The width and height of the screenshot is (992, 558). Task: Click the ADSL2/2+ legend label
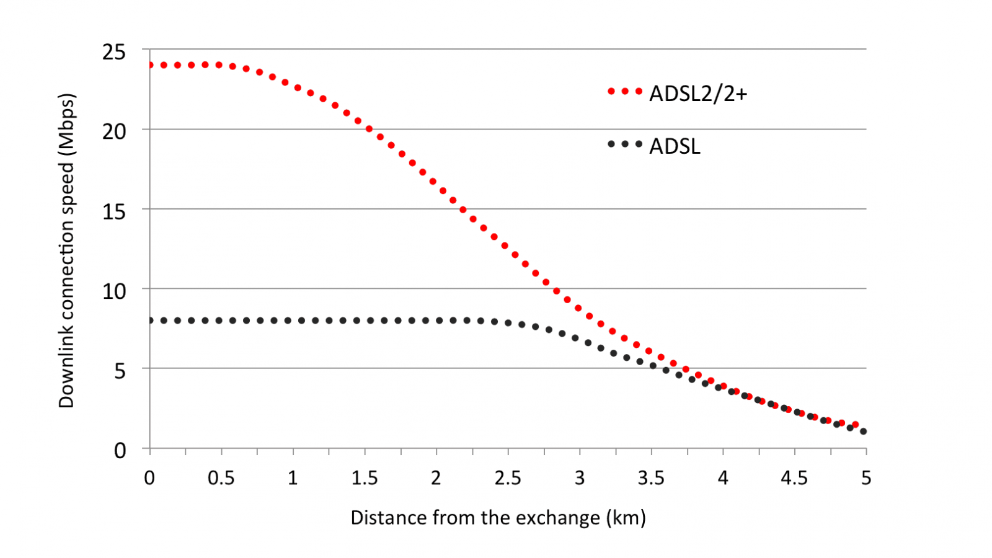698,94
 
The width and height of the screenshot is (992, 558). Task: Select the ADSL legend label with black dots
675,146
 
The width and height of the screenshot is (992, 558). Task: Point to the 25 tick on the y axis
114,52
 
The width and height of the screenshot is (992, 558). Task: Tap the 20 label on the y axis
114,131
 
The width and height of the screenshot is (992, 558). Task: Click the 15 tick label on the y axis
114,211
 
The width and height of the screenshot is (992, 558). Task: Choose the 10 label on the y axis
114,291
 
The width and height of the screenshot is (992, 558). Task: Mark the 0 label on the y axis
120,450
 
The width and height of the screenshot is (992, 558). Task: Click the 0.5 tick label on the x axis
221,478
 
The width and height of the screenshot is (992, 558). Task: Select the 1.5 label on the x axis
365,478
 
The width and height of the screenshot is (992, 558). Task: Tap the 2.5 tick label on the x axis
508,478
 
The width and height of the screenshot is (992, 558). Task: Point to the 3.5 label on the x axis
651,478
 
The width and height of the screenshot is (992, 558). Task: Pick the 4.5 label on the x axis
794,478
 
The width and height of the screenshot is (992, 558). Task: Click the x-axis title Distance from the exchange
498,518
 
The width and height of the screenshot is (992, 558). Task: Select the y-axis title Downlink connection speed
66,250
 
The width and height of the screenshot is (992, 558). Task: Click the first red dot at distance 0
150,65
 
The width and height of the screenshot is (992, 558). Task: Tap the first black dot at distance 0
150,321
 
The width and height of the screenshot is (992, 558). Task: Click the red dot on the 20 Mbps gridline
369,129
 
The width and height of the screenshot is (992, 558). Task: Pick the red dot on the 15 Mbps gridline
463,210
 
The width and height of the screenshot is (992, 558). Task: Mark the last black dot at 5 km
863,431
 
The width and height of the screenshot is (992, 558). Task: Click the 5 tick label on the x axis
866,478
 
